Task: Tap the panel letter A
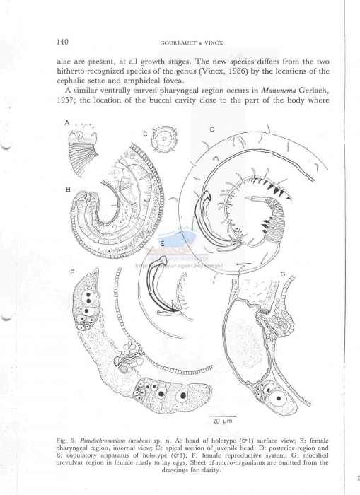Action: point(67,122)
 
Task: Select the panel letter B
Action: point(66,189)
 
